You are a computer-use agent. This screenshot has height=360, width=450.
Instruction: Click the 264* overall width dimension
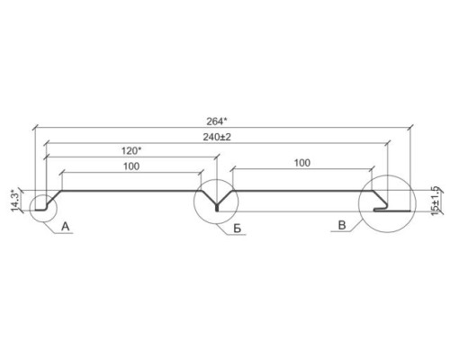217,121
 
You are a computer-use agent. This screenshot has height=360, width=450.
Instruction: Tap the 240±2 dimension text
217,137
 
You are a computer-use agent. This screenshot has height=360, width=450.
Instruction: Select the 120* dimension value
131,150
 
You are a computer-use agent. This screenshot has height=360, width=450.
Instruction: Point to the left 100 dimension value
131,166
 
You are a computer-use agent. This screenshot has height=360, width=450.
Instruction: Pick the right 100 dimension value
301,163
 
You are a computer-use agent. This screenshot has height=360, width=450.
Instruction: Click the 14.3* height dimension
15,201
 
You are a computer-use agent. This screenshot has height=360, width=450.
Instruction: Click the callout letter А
66,227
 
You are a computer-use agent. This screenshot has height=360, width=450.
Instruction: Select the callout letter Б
237,229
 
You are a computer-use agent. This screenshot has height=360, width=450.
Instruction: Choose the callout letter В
342,225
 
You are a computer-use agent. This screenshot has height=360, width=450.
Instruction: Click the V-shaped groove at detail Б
217,201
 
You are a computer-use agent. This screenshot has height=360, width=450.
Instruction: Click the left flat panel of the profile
131,191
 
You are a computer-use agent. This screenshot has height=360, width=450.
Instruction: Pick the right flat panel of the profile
302,191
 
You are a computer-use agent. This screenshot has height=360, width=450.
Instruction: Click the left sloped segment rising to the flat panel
54,197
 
